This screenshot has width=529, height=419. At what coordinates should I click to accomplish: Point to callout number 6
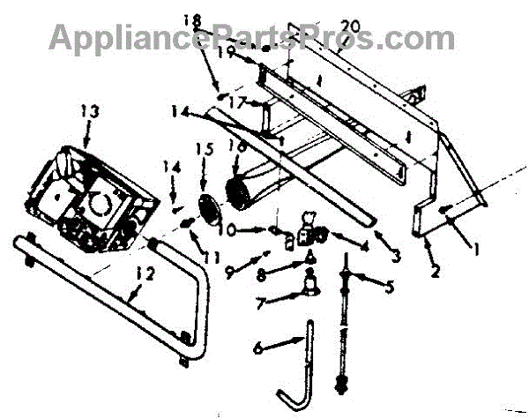pos(257,349)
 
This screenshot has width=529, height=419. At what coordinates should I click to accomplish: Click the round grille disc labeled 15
pos(208,210)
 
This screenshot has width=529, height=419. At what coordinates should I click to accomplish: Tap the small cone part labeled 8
pos(310,255)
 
